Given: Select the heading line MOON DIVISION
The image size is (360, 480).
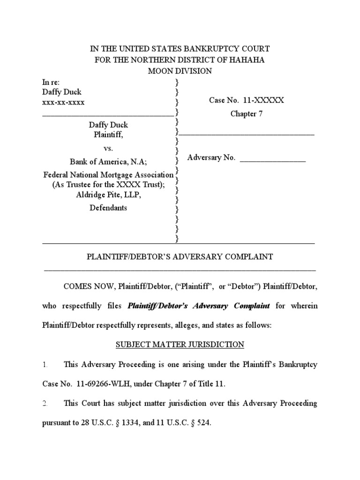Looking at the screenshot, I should tap(180, 71).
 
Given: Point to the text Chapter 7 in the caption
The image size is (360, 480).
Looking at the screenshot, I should tap(243, 114).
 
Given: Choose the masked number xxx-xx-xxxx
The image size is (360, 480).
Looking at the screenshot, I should tap(63, 103).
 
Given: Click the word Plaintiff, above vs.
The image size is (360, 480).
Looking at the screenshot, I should tap(108, 135).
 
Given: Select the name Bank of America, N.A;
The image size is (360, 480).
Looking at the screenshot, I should tap(108, 162).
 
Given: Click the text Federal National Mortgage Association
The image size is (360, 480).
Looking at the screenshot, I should tap(108, 175).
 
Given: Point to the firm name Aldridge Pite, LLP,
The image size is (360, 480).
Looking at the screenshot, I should tap(108, 195).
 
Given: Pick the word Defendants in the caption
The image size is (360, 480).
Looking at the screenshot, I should tap(108, 208).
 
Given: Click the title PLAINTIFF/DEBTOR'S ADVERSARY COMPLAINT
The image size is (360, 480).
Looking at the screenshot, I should tap(180, 257).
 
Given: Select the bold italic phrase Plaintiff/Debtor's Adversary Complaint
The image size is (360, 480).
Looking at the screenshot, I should tap(199, 306).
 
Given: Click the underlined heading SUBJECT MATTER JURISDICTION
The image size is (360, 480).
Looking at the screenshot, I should tap(180, 345).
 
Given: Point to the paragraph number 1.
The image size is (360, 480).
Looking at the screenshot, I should tap(45, 364).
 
